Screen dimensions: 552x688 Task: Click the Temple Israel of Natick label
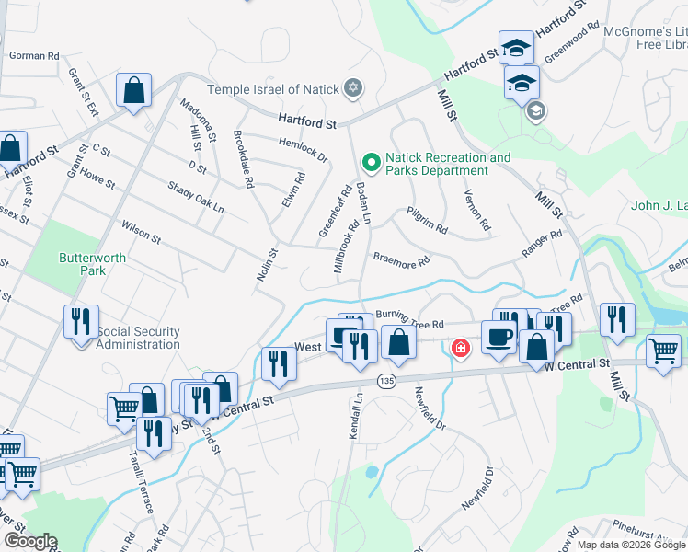pos(272,89)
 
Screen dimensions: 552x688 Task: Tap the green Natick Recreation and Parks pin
pos(372,164)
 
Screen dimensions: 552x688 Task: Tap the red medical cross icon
pos(460,348)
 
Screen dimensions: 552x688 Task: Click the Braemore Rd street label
pos(401,261)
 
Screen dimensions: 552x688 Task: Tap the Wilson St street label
pos(141,231)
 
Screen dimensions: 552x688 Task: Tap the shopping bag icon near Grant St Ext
pos(134,91)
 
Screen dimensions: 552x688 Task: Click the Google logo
pos(29,541)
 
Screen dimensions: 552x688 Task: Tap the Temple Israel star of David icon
pos(350,89)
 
